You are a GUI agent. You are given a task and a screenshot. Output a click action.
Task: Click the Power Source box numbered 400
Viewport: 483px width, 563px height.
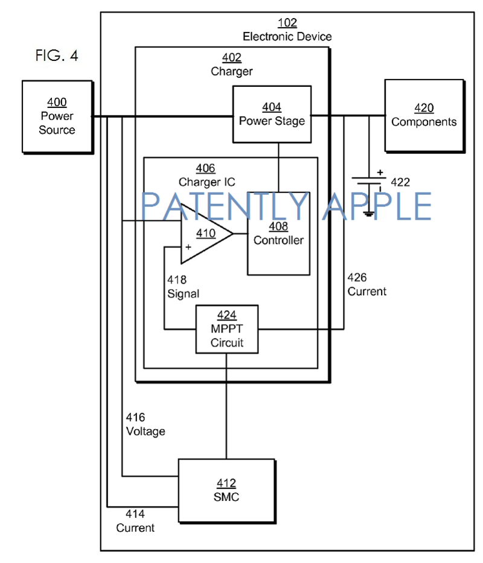(57, 116)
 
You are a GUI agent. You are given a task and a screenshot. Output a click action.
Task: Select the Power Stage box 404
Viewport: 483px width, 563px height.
(272, 114)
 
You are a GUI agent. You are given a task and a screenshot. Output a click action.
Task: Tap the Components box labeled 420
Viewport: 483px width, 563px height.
(424, 115)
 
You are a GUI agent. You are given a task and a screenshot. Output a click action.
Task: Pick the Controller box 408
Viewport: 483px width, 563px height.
(278, 233)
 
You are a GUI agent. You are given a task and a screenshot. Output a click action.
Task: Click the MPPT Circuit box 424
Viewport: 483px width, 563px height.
(226, 329)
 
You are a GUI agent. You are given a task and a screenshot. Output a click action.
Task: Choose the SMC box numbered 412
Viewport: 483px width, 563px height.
(226, 490)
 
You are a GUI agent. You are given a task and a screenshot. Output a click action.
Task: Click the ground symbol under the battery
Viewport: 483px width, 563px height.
(368, 212)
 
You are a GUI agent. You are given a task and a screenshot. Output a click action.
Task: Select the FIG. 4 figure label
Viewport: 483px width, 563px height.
(57, 56)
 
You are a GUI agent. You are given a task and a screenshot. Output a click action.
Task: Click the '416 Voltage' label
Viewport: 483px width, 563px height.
(145, 425)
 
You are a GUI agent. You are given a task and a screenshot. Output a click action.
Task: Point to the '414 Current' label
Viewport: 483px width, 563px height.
(135, 521)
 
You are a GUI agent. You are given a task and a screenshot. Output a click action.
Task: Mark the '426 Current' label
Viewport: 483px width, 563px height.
(366, 284)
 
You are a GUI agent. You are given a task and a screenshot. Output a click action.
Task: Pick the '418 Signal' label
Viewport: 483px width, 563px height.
(183, 287)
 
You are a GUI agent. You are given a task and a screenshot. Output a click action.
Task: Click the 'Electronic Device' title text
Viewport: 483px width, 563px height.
(287, 37)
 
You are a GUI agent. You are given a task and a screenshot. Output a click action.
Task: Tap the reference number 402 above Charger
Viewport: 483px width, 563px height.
(231, 58)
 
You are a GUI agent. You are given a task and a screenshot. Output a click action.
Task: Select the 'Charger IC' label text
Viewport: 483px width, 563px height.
(206, 182)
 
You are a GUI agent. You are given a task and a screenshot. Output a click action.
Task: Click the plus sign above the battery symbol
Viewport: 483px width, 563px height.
(380, 172)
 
